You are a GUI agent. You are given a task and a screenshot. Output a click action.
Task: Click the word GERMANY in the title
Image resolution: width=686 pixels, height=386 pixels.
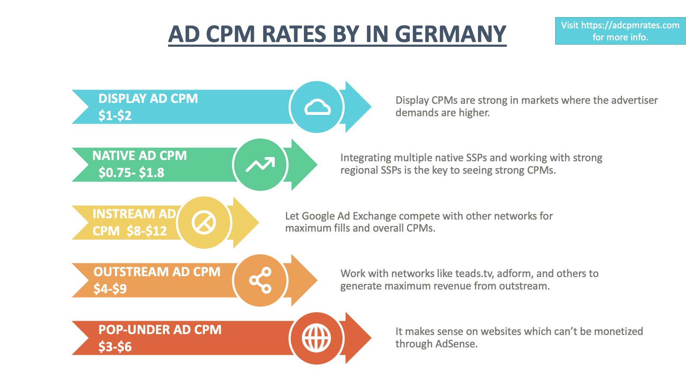450,34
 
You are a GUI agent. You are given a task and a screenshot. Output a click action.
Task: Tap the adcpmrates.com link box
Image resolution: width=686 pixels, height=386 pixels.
620,31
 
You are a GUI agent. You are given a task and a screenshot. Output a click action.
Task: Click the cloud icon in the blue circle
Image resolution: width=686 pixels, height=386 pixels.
317,107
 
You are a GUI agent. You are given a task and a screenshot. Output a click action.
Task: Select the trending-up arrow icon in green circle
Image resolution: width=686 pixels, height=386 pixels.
260,165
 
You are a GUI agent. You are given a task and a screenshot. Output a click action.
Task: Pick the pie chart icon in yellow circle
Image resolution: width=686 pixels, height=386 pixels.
204,223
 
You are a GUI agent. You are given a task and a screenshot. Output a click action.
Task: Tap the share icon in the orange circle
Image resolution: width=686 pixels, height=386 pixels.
260,280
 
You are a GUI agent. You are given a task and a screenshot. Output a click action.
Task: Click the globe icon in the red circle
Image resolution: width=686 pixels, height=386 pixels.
316,338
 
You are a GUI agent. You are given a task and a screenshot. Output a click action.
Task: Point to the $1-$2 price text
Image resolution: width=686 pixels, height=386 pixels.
115,115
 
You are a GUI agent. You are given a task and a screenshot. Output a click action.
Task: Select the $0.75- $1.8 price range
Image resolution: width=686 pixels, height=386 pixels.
131,172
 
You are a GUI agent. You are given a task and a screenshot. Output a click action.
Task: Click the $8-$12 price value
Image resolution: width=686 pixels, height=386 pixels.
147,231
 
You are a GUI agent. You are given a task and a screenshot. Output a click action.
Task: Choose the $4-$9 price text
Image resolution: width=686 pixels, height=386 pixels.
110,289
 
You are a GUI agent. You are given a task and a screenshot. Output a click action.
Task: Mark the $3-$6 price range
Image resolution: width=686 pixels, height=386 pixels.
115,347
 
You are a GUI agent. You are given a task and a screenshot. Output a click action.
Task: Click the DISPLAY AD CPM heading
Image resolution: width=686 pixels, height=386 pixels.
148,99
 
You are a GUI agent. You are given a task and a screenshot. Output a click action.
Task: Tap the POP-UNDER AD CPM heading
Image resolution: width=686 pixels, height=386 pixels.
160,330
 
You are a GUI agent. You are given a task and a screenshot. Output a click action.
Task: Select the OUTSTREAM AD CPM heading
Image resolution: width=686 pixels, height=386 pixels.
157,272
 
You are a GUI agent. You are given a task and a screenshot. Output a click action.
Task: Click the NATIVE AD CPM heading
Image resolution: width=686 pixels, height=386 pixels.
140,156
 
